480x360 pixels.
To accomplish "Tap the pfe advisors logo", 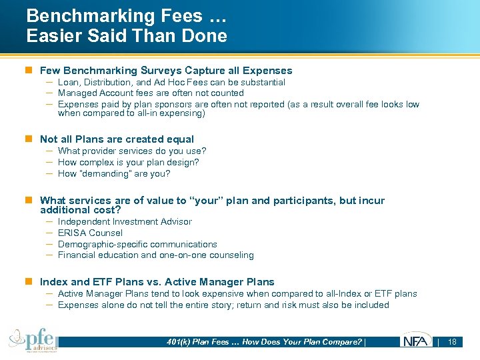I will tap(33, 340).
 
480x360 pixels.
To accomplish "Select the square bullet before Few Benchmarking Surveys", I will tap(29, 71).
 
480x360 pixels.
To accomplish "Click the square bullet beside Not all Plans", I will tap(29, 139).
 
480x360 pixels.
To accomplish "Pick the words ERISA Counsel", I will tap(90, 233).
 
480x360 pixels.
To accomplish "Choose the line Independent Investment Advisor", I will tap(125, 221).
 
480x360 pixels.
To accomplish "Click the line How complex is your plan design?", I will tap(128, 162).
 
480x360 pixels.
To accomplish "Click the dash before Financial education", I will tap(50, 255).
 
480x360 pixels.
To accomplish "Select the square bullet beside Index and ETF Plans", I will tap(29, 282).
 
